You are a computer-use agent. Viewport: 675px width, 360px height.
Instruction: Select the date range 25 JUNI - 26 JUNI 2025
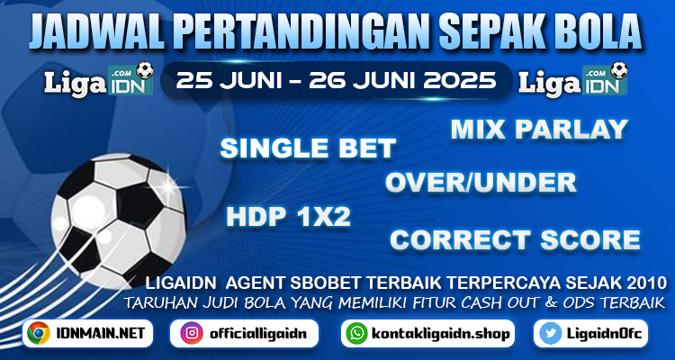pyautogui.click(x=337, y=80)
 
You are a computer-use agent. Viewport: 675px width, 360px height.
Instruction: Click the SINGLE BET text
pyautogui.click(x=308, y=148)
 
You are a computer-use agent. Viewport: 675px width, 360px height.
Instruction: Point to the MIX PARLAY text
pyautogui.click(x=539, y=130)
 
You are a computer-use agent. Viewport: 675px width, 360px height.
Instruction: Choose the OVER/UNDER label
pyautogui.click(x=481, y=183)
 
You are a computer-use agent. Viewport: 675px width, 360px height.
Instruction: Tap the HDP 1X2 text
pyautogui.click(x=288, y=217)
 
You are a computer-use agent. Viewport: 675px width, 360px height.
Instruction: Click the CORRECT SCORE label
pyautogui.click(x=515, y=240)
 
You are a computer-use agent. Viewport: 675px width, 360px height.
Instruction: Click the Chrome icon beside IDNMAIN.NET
pyautogui.click(x=39, y=333)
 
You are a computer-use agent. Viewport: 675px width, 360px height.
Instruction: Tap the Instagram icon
pyautogui.click(x=192, y=333)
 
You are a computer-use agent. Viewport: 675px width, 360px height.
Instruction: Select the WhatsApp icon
pyautogui.click(x=357, y=333)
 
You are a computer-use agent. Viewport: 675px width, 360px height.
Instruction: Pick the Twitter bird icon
pyautogui.click(x=551, y=333)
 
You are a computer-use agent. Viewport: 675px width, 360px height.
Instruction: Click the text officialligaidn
pyautogui.click(x=258, y=334)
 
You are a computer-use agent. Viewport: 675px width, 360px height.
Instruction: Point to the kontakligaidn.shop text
pyautogui.click(x=440, y=334)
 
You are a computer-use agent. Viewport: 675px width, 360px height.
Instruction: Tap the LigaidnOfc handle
pyautogui.click(x=605, y=333)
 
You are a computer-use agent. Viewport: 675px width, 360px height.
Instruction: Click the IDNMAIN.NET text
pyautogui.click(x=99, y=333)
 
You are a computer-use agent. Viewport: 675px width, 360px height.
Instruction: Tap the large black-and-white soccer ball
pyautogui.click(x=119, y=220)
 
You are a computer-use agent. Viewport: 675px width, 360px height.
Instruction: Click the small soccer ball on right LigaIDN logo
pyautogui.click(x=618, y=70)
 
